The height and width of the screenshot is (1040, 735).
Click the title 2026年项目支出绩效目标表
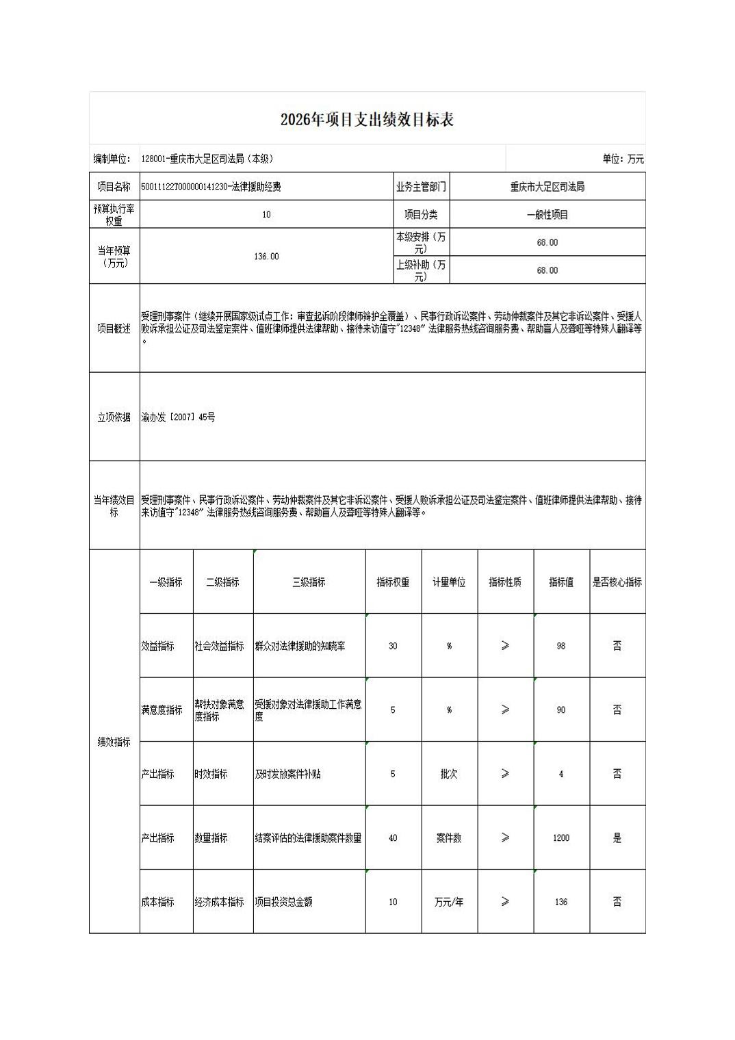[367, 120]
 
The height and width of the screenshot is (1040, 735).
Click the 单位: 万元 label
[623, 159]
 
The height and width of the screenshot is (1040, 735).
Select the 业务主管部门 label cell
[420, 187]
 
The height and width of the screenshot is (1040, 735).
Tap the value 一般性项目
[547, 215]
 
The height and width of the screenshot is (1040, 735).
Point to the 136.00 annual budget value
[266, 256]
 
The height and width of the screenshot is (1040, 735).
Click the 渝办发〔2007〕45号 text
[179, 417]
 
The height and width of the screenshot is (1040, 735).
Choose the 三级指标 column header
[309, 582]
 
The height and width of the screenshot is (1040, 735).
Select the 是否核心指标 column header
[617, 582]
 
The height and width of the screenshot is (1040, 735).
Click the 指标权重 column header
[393, 582]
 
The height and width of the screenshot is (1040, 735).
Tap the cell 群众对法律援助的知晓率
[300, 646]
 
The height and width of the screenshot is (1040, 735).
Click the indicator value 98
[561, 646]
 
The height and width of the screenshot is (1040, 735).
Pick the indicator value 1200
[561, 838]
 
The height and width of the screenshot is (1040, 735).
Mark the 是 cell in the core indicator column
[617, 838]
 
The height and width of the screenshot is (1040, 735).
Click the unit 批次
[449, 774]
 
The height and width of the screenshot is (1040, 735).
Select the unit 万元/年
[449, 902]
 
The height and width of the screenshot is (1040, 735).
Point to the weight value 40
[393, 838]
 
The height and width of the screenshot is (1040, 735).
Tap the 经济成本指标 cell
[219, 902]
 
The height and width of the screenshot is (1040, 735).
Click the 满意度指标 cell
[162, 710]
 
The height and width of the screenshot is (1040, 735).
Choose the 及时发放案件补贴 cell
[288, 774]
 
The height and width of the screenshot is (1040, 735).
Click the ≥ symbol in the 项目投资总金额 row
[505, 902]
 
